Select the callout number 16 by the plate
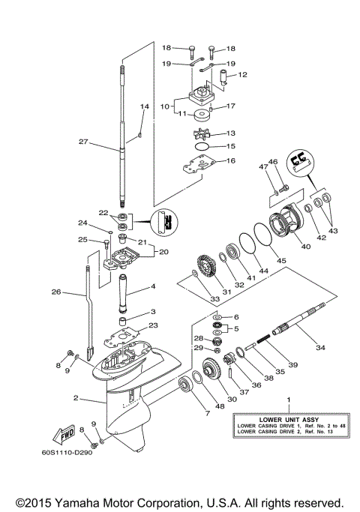tap(231, 160)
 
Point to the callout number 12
tap(242, 75)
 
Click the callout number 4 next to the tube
tap(152, 286)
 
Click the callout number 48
tap(219, 408)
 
